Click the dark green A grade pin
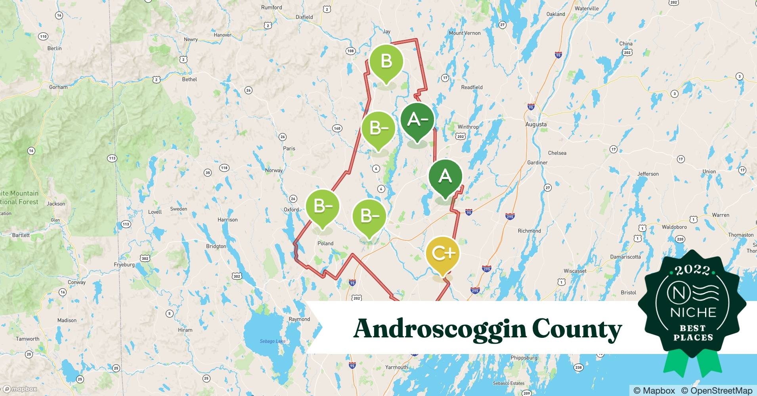pos(445,176)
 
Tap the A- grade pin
pos(417,119)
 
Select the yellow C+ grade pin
pos(443,253)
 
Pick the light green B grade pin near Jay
pos(386,61)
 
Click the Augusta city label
pos(536,124)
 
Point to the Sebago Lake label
pos(272,341)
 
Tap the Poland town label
pos(325,244)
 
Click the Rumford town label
pos(271,8)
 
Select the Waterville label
pos(587,8)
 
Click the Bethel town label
pos(189,79)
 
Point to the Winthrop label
pos(468,127)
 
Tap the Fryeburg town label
pos(124,265)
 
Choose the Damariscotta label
pos(625,257)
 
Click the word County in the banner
pos(577,329)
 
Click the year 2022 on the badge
pos(693,270)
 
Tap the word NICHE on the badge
pos(693,312)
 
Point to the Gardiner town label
pos(537,163)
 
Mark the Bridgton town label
pos(216,246)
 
